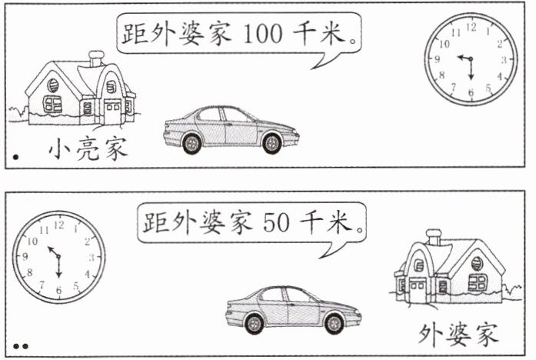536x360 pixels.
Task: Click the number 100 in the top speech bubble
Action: (x=264, y=34)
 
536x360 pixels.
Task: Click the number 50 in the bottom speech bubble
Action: (x=278, y=224)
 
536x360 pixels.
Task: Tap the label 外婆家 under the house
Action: (x=458, y=333)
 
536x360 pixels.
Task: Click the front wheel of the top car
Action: (x=271, y=142)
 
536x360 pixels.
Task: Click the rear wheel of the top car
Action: (x=191, y=142)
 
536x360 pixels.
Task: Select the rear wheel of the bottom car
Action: (x=333, y=324)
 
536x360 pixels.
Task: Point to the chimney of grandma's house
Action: (x=434, y=236)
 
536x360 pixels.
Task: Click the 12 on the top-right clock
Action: (x=471, y=27)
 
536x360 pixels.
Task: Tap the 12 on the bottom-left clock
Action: (x=58, y=225)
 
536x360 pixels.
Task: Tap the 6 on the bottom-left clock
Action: (x=58, y=289)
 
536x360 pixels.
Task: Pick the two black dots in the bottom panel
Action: (x=21, y=346)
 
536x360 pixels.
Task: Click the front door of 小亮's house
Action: (x=112, y=112)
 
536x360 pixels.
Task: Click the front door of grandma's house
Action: (x=418, y=291)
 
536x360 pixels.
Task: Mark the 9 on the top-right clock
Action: (x=438, y=60)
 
